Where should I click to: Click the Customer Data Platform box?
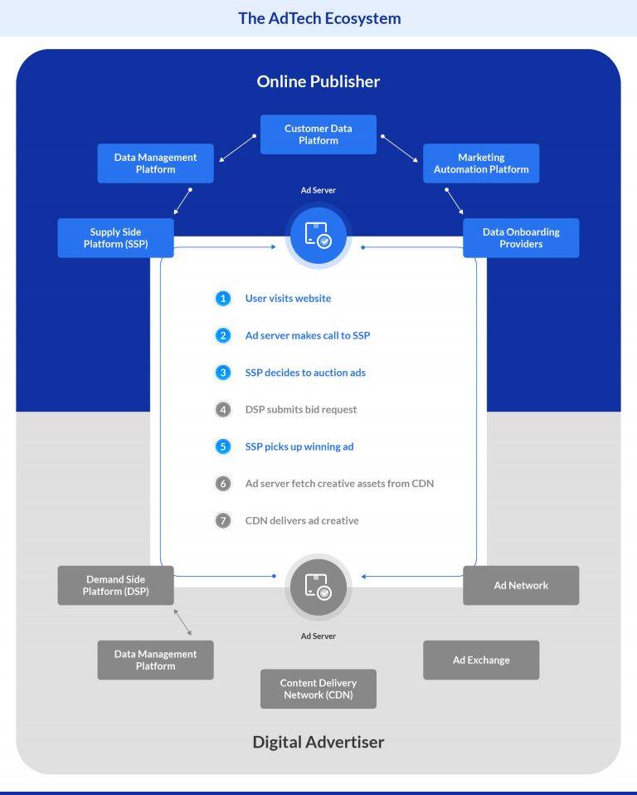[318, 134]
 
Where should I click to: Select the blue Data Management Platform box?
[156, 163]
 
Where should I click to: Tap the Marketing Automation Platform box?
[481, 163]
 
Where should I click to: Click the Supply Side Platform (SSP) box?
[116, 238]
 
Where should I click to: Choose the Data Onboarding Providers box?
[521, 238]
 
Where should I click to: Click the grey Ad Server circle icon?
[318, 586]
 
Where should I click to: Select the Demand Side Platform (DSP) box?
[116, 585]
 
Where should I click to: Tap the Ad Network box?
[521, 585]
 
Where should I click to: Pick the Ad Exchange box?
[481, 660]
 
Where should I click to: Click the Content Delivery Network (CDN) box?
[318, 689]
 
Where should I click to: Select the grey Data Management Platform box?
[156, 660]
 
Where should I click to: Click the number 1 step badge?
[222, 299]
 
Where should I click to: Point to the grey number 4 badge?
[222, 410]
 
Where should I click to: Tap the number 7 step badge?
[222, 521]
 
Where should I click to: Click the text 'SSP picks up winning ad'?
[299, 446]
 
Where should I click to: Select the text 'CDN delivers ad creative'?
[302, 521]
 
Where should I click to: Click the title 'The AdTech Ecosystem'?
[318, 18]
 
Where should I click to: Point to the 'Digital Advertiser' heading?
[318, 742]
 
